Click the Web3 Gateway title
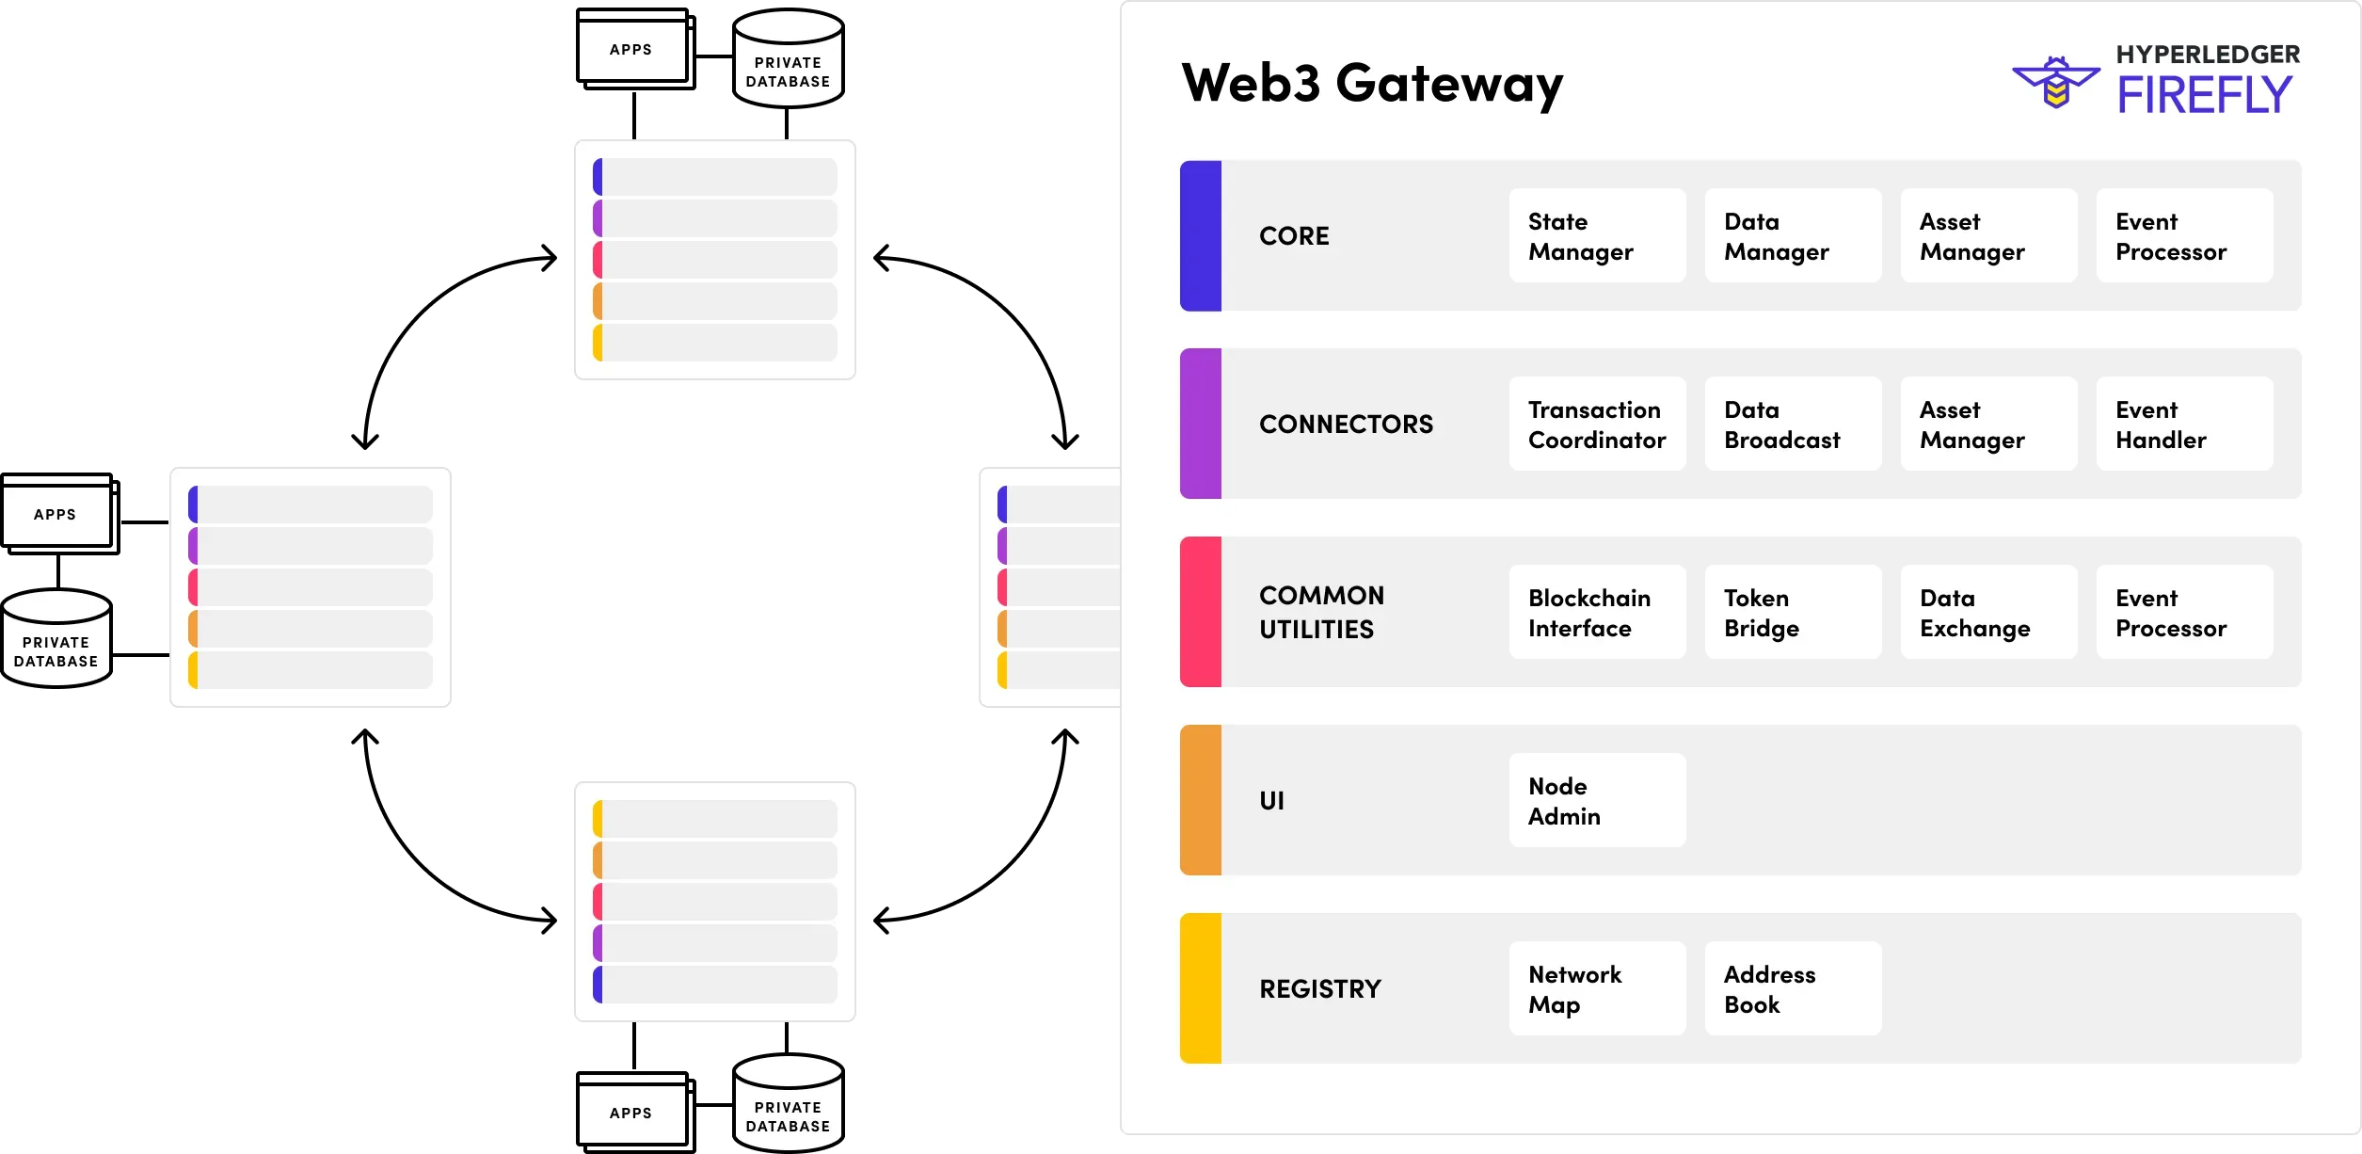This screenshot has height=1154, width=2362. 1371,83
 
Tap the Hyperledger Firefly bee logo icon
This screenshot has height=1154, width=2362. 2055,83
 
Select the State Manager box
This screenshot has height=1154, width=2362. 1596,235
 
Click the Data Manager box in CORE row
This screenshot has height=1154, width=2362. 1792,235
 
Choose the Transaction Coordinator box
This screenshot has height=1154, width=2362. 1596,424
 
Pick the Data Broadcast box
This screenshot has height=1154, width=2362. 1792,424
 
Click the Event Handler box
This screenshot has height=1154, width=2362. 2183,424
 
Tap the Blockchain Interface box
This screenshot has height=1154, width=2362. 1596,612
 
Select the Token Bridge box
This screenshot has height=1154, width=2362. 1792,612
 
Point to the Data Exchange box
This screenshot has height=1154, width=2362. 1987,612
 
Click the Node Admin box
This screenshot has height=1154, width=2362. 1596,800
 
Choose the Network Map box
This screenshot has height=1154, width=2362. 1596,988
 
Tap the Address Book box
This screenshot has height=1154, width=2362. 1792,988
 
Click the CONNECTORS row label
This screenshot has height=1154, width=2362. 1346,425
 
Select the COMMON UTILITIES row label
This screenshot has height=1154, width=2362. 1321,612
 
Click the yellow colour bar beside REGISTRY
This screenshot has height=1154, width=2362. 1201,988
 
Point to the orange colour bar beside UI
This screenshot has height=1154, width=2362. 1201,800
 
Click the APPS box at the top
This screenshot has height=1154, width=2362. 631,49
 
